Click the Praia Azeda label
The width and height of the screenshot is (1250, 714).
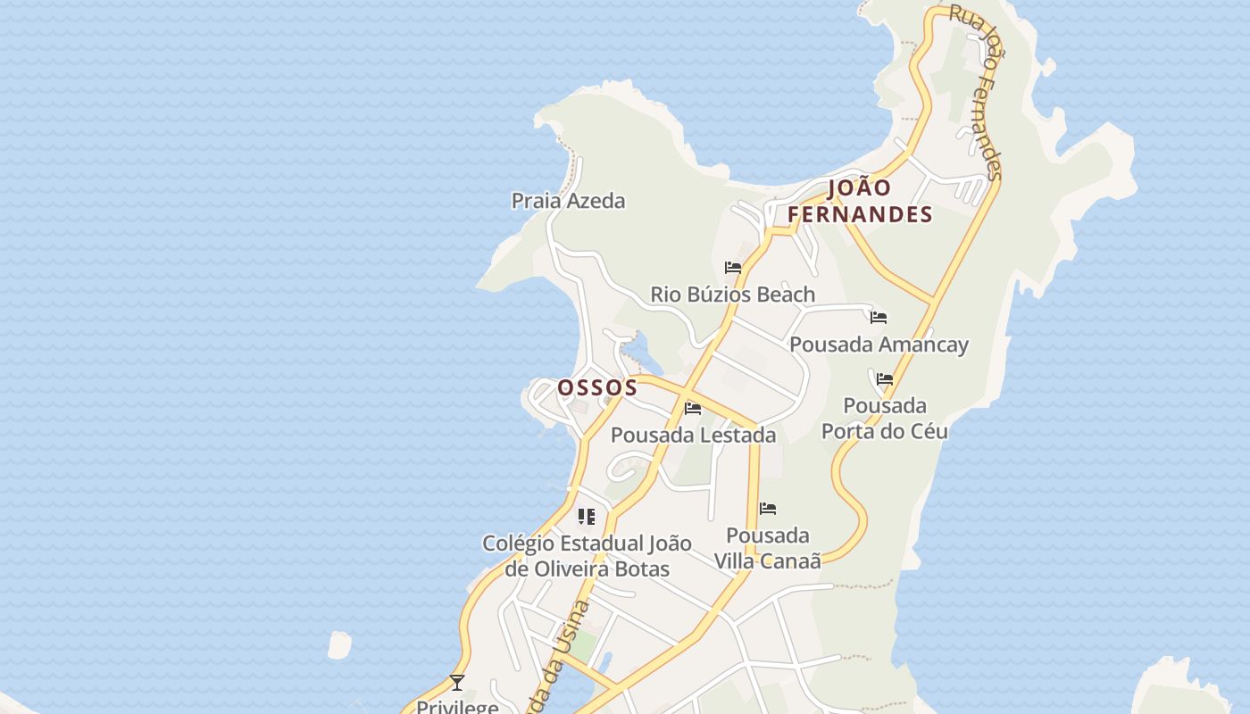tap(568, 201)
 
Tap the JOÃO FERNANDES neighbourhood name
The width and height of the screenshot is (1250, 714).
tap(860, 201)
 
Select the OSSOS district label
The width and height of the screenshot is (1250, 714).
tap(597, 387)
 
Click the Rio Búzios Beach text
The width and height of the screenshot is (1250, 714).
tap(732, 295)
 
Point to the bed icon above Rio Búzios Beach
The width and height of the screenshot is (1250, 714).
tap(733, 268)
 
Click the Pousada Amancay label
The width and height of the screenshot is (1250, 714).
tap(879, 345)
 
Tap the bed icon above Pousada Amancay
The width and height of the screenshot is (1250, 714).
tap(879, 318)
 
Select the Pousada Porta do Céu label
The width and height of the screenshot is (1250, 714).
tap(884, 419)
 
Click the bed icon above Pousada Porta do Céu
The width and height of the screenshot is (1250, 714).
tap(885, 379)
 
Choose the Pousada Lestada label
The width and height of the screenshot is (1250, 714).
tap(693, 436)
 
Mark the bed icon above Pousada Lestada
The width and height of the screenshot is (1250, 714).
tap(693, 410)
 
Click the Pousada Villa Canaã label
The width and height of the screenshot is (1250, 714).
tap(767, 548)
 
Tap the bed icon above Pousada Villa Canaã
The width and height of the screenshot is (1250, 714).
tap(768, 510)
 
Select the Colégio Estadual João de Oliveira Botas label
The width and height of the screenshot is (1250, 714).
tap(587, 556)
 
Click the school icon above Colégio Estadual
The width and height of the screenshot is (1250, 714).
tap(587, 517)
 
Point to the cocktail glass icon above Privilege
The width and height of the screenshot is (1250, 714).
tap(457, 683)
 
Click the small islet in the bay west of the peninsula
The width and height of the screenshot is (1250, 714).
tap(339, 644)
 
